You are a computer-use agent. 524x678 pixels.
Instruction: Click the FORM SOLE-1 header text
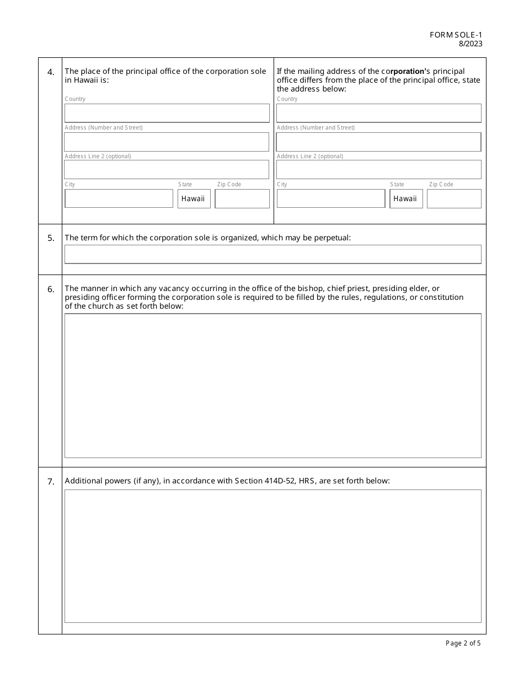[x=456, y=35]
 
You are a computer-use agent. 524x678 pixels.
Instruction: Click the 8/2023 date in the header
[x=470, y=44]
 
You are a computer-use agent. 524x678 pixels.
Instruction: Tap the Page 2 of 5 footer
[x=463, y=643]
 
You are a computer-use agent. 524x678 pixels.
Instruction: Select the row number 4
[x=51, y=72]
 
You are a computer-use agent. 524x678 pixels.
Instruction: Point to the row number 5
[x=51, y=238]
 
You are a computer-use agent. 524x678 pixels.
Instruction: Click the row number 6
[x=51, y=289]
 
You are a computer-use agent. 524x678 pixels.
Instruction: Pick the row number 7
[x=51, y=482]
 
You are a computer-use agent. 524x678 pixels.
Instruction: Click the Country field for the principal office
[x=167, y=113]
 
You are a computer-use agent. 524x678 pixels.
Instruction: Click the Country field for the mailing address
[x=378, y=113]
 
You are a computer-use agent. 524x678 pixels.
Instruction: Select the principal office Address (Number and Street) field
[x=167, y=142]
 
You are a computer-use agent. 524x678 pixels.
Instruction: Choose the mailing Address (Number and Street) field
[x=378, y=142]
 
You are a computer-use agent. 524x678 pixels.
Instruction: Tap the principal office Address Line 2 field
[x=167, y=170]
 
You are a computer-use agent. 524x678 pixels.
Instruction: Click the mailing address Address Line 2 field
[x=378, y=170]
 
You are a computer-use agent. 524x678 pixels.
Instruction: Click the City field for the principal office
[x=119, y=198]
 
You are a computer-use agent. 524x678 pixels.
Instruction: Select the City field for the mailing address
[x=331, y=198]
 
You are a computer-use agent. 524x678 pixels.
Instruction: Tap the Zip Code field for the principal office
[x=242, y=198]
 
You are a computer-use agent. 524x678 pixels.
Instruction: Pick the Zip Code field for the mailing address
[x=454, y=198]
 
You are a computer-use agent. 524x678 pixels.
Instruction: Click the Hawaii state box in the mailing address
[x=406, y=198]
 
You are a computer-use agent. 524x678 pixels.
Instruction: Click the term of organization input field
[x=272, y=255]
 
